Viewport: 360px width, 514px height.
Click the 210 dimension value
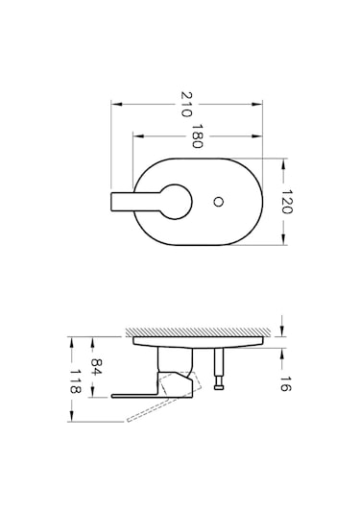186,101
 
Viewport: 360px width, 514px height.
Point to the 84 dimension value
96,367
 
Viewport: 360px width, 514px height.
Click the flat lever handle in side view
134,394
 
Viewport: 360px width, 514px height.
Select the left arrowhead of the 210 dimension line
114,102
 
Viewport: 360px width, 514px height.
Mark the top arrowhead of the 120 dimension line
281,160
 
